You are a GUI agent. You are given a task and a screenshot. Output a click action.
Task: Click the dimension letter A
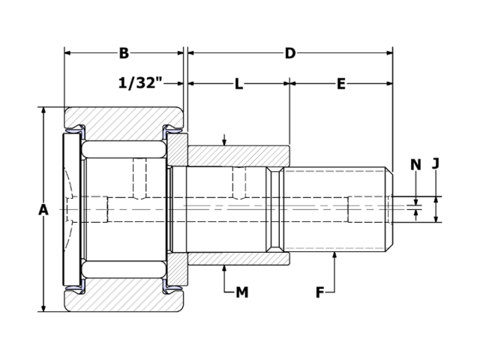pyautogui.click(x=43, y=210)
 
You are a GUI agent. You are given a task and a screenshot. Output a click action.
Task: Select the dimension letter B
pyautogui.click(x=124, y=53)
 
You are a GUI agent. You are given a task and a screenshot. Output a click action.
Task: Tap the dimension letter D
pyautogui.click(x=289, y=53)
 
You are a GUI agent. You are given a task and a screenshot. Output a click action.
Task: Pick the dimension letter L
pyautogui.click(x=238, y=84)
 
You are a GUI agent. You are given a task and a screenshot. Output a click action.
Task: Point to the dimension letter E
pyautogui.click(x=340, y=84)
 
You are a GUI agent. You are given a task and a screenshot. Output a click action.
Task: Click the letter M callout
pyautogui.click(x=241, y=292)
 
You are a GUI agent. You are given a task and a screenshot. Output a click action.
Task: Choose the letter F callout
pyautogui.click(x=319, y=292)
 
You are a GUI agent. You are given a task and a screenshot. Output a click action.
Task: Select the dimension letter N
pyautogui.click(x=415, y=165)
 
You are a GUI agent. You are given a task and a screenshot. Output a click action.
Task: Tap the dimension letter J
pyautogui.click(x=436, y=163)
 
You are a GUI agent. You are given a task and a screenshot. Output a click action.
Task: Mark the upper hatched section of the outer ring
pyautogui.click(x=124, y=118)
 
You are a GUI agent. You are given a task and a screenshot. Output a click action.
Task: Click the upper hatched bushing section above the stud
pyautogui.click(x=238, y=155)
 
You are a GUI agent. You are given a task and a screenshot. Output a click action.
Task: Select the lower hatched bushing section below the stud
pyautogui.click(x=238, y=259)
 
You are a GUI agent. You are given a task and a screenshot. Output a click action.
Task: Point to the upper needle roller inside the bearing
pyautogui.click(x=124, y=149)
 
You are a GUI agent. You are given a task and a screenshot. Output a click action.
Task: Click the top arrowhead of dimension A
pyautogui.click(x=43, y=111)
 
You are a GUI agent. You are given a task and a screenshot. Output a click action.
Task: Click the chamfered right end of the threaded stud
pyautogui.click(x=389, y=209)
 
